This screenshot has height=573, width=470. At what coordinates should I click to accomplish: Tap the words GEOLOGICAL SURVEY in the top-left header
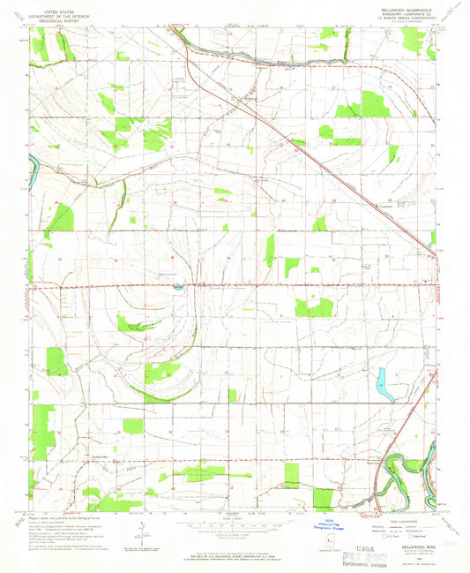(x=63, y=19)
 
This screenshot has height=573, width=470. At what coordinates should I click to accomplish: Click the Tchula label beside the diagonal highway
(x=385, y=207)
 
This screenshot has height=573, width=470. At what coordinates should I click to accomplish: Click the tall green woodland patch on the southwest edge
(x=41, y=433)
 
